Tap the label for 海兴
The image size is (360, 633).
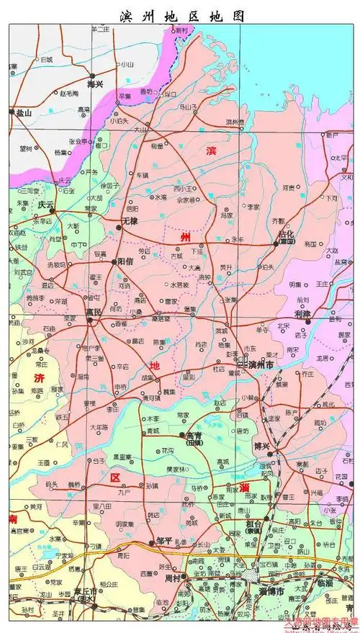(94, 84)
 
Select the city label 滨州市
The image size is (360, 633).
(260, 366)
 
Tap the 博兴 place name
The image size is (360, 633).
(261, 447)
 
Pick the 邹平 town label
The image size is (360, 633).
(163, 541)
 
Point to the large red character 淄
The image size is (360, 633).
(246, 488)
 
